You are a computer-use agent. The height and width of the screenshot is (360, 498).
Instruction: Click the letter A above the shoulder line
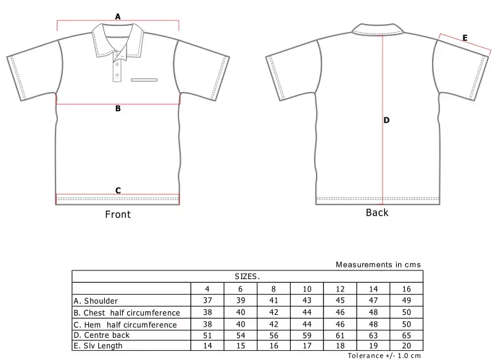click(x=118, y=17)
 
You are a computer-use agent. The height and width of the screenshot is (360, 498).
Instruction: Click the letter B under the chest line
click(x=118, y=109)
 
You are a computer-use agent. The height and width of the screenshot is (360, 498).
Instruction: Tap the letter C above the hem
click(x=118, y=190)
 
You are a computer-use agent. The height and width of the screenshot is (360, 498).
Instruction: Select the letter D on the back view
click(x=386, y=120)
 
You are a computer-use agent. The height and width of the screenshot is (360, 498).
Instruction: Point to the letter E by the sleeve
click(x=465, y=38)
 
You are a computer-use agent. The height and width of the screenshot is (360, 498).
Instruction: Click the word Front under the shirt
click(x=117, y=214)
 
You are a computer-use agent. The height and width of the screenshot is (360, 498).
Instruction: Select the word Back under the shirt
click(x=377, y=212)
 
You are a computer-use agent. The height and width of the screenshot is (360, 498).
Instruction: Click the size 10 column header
click(x=307, y=289)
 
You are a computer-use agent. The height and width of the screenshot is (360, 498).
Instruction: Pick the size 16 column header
click(x=406, y=289)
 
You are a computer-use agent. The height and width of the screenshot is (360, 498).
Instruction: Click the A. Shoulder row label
click(x=96, y=301)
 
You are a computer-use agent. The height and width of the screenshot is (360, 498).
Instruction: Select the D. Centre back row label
click(x=102, y=335)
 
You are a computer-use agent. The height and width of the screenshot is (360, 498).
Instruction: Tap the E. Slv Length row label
click(x=98, y=346)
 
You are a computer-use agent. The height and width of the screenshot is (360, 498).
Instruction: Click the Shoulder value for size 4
click(x=207, y=301)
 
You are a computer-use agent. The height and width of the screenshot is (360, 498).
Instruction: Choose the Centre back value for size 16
click(x=406, y=335)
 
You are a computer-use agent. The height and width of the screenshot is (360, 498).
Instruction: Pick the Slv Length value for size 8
click(x=273, y=346)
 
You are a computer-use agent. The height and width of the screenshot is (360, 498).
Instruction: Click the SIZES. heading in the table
click(x=247, y=277)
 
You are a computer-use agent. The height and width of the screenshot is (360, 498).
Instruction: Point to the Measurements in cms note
click(x=378, y=264)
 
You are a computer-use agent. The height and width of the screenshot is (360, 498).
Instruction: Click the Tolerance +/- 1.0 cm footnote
click(x=384, y=356)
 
